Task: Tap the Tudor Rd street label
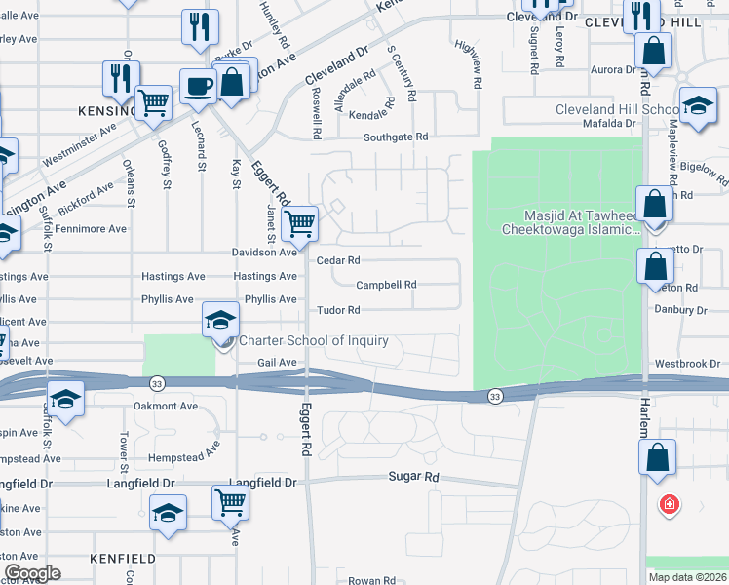click(x=338, y=310)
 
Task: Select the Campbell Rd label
click(x=386, y=285)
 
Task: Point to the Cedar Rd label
click(x=338, y=260)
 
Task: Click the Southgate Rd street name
click(x=396, y=137)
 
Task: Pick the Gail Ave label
click(x=276, y=362)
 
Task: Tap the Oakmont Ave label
click(x=166, y=406)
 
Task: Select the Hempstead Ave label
click(x=186, y=458)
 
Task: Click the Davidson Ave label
click(x=263, y=252)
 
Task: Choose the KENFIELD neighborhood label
click(x=122, y=559)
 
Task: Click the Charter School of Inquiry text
click(x=314, y=340)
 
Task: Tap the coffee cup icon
click(x=198, y=86)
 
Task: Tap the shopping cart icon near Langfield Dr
click(x=230, y=503)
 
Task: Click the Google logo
click(x=33, y=573)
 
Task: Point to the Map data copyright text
click(x=687, y=577)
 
